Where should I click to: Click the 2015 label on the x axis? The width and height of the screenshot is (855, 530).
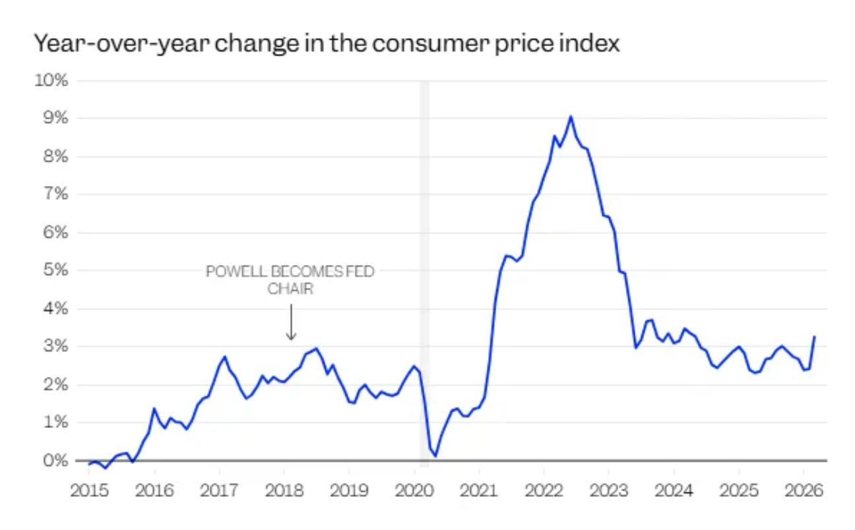point(90,492)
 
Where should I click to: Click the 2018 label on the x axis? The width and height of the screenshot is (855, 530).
point(284,492)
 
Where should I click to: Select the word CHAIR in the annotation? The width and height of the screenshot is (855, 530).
point(290,289)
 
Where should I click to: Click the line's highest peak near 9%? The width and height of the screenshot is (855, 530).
point(571,117)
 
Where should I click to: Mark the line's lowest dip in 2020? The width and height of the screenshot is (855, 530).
point(435,456)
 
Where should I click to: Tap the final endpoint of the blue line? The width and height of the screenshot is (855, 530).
point(815,337)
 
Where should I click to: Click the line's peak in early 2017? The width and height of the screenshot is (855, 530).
point(225,357)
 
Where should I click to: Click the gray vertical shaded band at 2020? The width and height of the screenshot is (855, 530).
point(424,198)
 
